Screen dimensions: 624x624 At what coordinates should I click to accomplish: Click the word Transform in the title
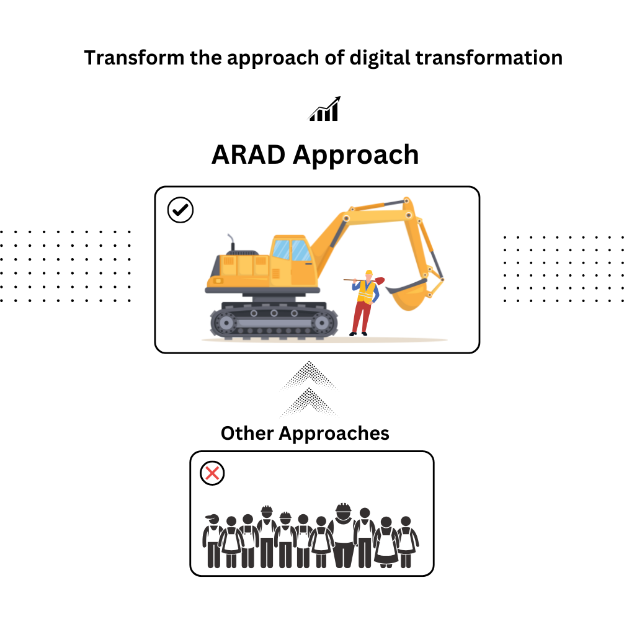(134, 58)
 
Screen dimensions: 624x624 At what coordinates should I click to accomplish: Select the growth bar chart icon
(325, 109)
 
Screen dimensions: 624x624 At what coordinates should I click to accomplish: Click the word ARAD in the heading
(248, 154)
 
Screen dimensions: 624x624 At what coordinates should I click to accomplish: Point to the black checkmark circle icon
(181, 210)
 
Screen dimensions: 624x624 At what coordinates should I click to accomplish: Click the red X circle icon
(212, 473)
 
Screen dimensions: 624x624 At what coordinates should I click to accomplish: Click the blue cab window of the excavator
(292, 250)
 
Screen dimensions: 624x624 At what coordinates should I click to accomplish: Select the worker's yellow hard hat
(369, 272)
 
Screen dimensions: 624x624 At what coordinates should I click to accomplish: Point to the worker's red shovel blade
(380, 280)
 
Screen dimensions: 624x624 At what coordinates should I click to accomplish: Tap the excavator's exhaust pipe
(231, 243)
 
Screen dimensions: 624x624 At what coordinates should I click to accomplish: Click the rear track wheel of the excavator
(226, 323)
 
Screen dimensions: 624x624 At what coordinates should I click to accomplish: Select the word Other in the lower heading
(247, 433)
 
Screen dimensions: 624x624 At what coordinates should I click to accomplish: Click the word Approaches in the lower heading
(334, 434)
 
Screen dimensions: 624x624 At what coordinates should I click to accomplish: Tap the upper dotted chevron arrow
(310, 376)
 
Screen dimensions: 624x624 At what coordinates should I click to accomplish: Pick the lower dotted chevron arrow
(310, 403)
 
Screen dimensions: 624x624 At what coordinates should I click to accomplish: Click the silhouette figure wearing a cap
(213, 540)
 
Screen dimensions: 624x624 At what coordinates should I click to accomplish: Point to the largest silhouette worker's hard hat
(343, 509)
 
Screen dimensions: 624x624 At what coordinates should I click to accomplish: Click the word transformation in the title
(489, 58)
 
